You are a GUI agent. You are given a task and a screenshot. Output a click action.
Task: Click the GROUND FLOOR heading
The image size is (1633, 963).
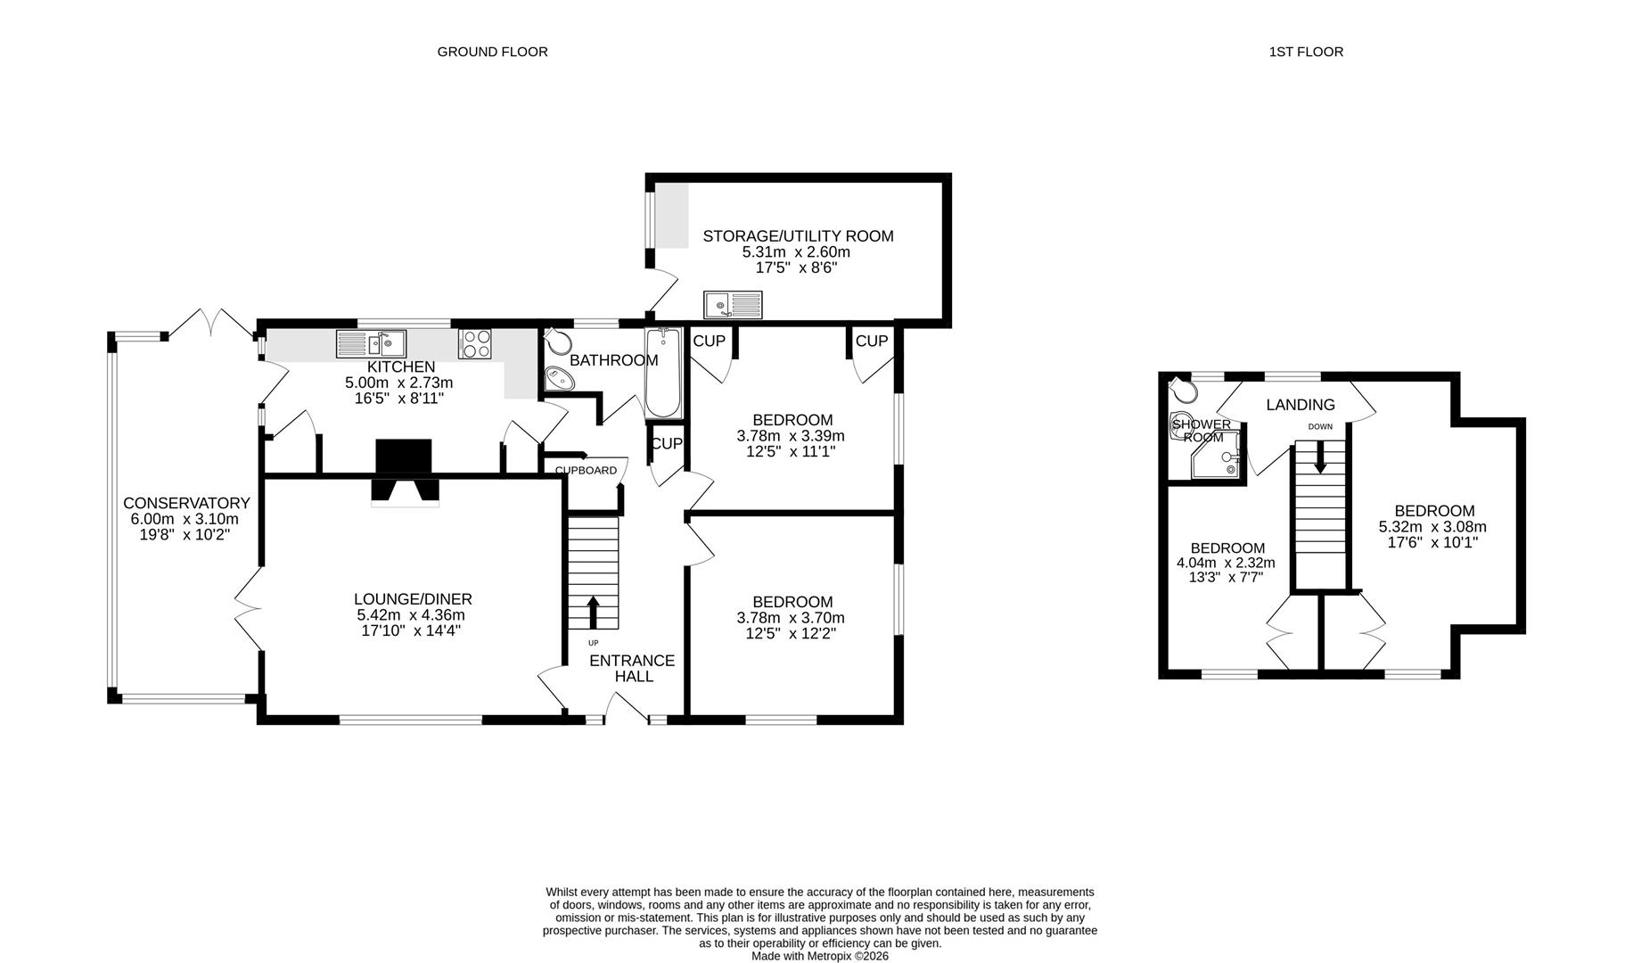click(x=492, y=52)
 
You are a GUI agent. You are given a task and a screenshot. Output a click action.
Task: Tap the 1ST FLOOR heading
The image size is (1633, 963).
click(x=1306, y=52)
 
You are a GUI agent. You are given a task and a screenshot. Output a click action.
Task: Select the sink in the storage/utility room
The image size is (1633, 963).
click(x=732, y=305)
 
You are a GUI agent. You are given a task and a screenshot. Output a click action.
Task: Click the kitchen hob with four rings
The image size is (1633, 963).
click(x=475, y=344)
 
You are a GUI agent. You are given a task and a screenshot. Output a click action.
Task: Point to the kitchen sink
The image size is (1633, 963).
click(x=372, y=343)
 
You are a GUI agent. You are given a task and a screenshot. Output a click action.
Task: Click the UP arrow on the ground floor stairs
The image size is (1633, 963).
click(x=593, y=613)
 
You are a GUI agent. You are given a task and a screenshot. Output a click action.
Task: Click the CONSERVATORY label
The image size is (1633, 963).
click(x=186, y=504)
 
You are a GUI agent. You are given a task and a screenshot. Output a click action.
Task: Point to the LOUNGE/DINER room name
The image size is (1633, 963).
click(x=413, y=599)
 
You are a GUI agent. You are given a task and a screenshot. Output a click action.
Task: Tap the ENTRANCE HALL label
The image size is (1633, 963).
click(x=632, y=668)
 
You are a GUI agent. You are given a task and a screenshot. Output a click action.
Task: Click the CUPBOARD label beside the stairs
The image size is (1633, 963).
click(x=586, y=471)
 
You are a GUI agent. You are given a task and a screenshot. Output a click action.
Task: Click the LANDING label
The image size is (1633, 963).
click(x=1301, y=405)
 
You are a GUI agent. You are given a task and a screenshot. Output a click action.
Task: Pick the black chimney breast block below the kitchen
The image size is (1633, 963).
click(x=404, y=457)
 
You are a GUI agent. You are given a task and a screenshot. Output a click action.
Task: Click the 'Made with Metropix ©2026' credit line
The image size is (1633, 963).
click(x=819, y=956)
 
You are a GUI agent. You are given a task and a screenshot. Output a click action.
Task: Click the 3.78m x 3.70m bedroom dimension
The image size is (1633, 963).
click(x=791, y=618)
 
